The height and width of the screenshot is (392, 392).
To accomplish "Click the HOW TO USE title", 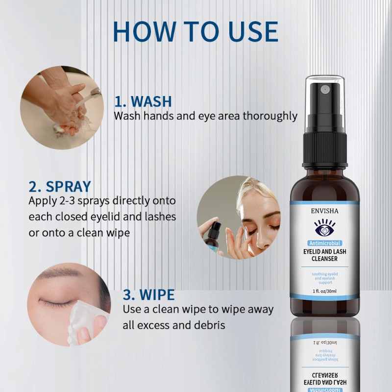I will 196,31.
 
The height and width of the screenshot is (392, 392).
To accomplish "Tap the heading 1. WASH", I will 143,101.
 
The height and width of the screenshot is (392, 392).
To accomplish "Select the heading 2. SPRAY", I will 60,186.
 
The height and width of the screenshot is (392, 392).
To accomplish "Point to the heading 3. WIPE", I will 148,295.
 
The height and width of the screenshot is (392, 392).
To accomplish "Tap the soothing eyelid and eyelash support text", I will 324,278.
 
